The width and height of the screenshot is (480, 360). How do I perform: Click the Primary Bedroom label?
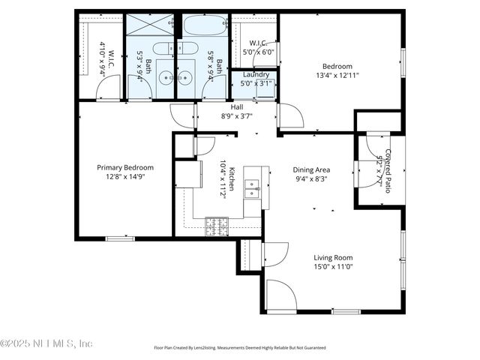coord(125,168)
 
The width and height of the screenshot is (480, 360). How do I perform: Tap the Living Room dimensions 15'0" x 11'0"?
coord(333,266)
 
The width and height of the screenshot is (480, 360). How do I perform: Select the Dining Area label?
coord(311,170)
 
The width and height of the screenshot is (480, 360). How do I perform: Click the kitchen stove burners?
coord(217,223)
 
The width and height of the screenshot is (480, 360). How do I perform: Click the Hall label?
coord(236,107)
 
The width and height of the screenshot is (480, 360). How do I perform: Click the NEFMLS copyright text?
coord(46,343)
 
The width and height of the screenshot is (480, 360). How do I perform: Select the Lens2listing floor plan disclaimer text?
coord(239,348)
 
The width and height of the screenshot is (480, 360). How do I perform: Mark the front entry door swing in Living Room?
coord(280,295)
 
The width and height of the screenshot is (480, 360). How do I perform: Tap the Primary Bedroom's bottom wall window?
coord(120,238)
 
